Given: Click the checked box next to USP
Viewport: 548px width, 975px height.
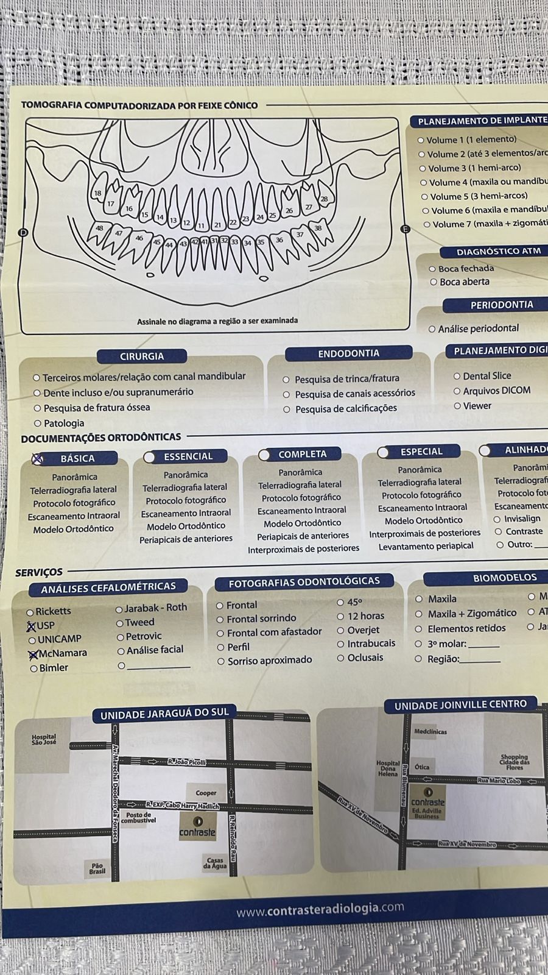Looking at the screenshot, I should click(31, 626).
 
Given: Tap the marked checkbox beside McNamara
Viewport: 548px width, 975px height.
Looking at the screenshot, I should click(33, 654).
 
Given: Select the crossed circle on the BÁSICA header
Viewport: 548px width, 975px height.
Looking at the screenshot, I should click(38, 459).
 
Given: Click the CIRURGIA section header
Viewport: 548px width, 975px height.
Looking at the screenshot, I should click(142, 356).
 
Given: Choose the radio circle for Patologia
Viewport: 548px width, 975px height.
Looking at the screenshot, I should click(38, 424).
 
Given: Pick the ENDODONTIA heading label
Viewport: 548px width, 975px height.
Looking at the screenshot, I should click(348, 353).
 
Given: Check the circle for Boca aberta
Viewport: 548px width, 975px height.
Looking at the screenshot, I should click(434, 282).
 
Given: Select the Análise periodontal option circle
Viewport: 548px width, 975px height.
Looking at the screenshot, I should click(432, 329).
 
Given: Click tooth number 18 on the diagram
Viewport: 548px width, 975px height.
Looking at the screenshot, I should click(97, 194).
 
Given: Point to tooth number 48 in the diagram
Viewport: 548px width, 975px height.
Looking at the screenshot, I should click(99, 229).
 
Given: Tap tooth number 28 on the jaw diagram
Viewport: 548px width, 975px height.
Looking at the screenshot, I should click(324, 199).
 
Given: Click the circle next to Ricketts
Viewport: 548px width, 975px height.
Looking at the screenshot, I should click(30, 612).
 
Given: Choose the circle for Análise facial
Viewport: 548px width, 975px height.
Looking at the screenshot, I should click(121, 651).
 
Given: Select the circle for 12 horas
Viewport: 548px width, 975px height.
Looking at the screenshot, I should click(341, 617).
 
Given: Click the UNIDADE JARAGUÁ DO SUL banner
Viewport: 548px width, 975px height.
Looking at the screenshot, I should click(164, 713).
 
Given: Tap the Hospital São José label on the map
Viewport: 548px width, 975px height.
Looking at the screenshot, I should click(43, 740).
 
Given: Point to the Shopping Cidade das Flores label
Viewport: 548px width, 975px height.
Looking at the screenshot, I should click(515, 762).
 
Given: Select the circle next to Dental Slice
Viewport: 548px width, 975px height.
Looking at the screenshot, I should click(457, 377).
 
